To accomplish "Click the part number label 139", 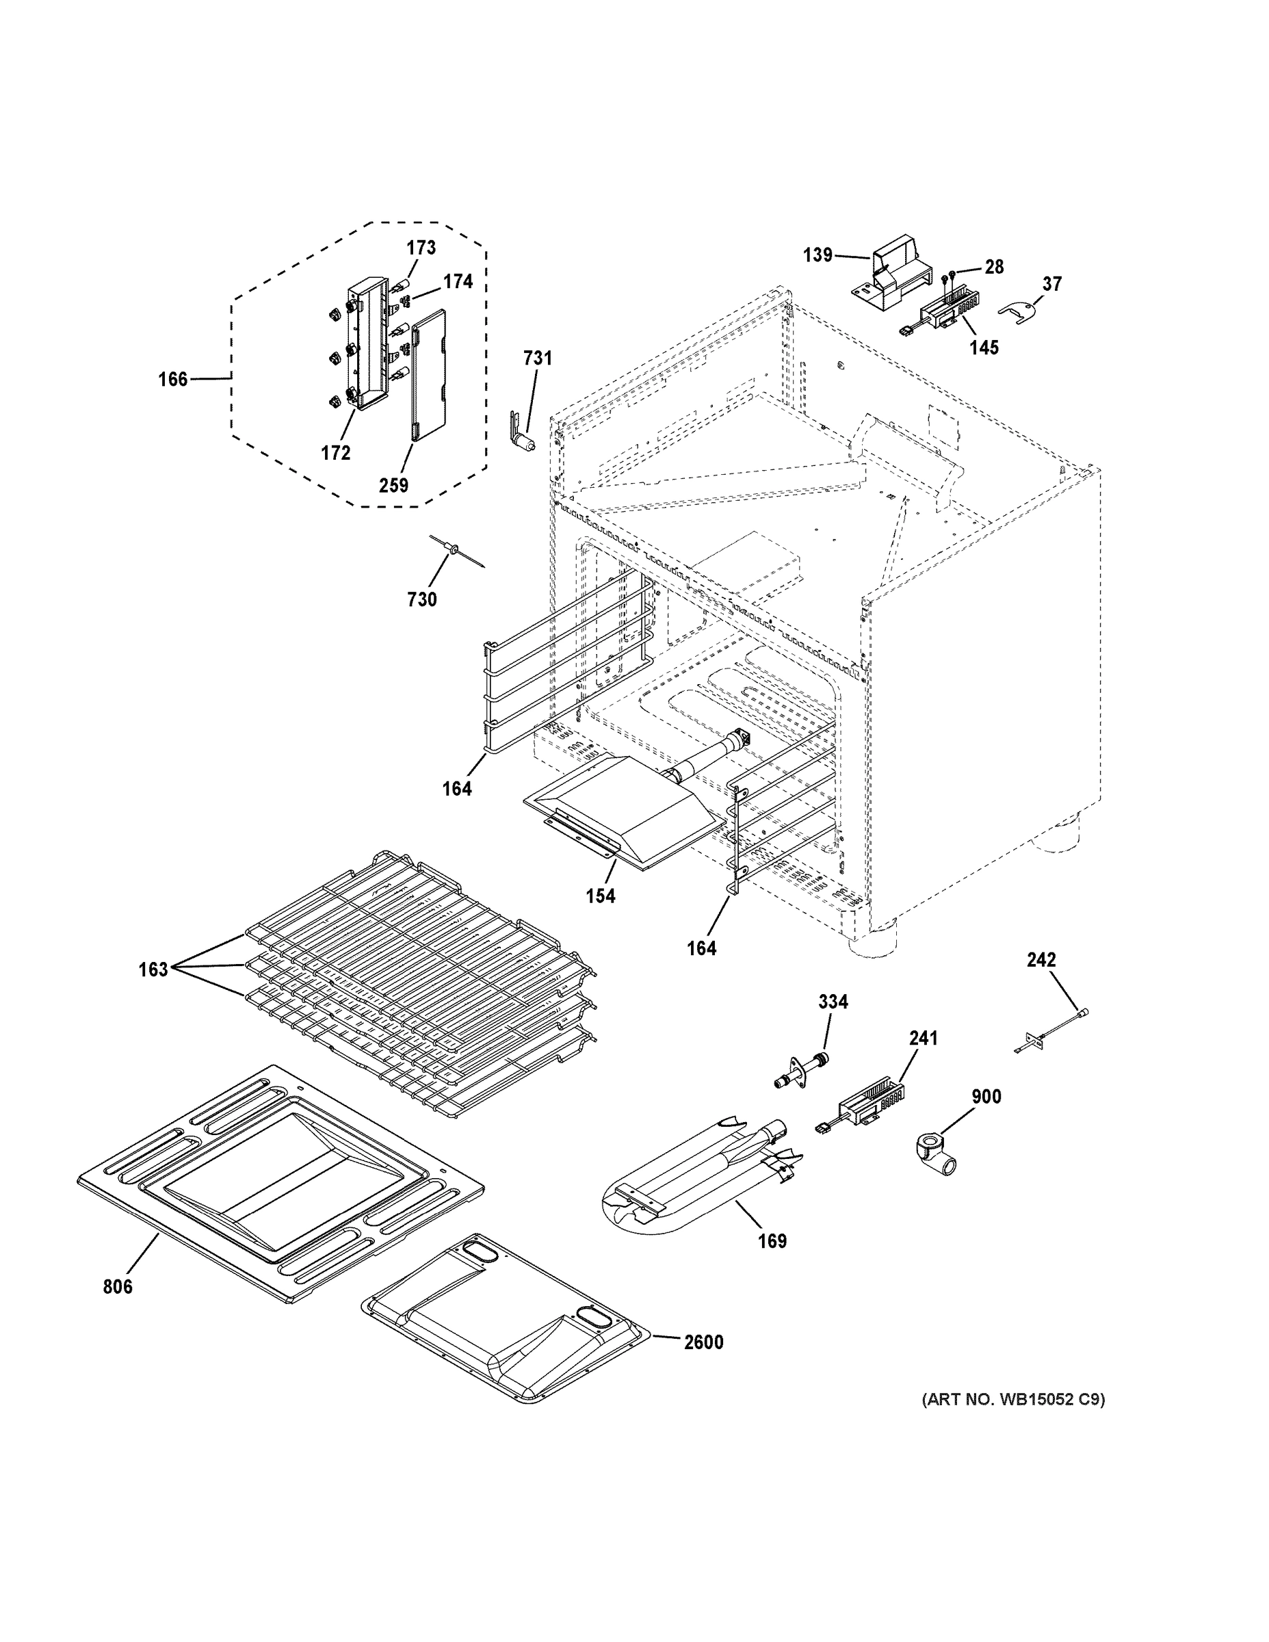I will [x=817, y=255].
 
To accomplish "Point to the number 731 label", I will [x=538, y=358].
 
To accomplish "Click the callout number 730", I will [x=422, y=599].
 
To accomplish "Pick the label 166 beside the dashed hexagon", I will [x=173, y=380].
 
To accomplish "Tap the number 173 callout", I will [x=421, y=248].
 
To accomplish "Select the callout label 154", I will [x=601, y=896].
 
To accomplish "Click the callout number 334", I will [x=833, y=1002].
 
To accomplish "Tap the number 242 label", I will [x=1041, y=959].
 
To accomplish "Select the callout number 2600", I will [x=703, y=1342].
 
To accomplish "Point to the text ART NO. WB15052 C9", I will [x=1013, y=1399].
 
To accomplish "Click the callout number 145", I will [x=984, y=348].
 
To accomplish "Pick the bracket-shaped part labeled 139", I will [x=891, y=278].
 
